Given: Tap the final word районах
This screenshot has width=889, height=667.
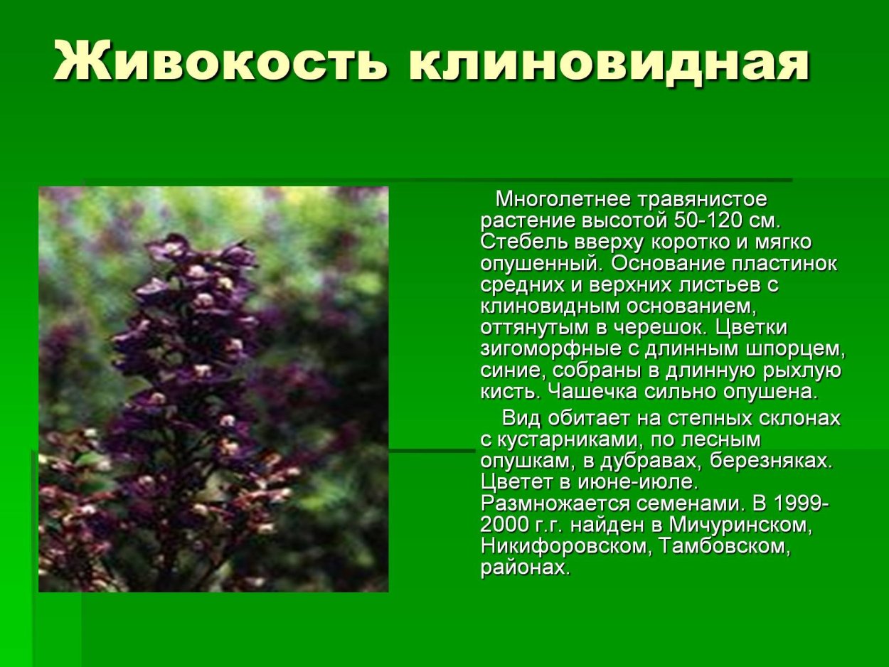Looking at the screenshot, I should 524,568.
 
